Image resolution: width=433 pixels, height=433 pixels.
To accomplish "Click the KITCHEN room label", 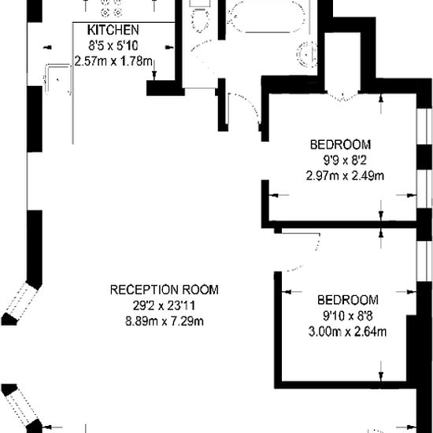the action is [x=113, y=30].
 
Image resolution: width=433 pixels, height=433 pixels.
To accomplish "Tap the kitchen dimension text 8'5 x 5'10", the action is [x=113, y=46].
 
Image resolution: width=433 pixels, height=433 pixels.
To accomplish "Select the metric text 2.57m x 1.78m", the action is [x=113, y=61].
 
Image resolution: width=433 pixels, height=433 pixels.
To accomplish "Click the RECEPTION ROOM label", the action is [x=165, y=290].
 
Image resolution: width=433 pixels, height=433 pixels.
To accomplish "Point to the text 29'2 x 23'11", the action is [x=165, y=305].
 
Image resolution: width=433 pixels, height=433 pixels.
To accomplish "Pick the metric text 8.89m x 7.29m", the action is [x=165, y=321].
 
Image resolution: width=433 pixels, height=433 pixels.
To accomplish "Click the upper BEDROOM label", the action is [x=340, y=145].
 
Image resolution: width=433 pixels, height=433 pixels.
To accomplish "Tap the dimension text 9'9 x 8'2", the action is [x=345, y=160].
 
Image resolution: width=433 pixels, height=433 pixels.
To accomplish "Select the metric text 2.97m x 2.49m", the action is [x=345, y=176].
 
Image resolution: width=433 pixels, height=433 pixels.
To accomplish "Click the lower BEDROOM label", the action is [x=348, y=300].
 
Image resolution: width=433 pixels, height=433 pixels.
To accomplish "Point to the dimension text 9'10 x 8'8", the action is [x=348, y=316].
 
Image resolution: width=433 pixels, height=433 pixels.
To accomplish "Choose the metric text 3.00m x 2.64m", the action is [x=347, y=331].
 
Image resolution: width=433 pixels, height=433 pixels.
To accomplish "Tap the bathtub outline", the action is [x=267, y=17].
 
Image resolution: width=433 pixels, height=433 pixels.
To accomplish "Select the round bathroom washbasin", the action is [x=307, y=54].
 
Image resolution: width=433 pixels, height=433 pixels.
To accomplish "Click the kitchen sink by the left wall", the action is [x=58, y=79].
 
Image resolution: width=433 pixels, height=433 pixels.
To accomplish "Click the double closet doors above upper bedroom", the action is [x=342, y=96].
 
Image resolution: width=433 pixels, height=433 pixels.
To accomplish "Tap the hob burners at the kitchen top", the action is [x=112, y=7].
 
